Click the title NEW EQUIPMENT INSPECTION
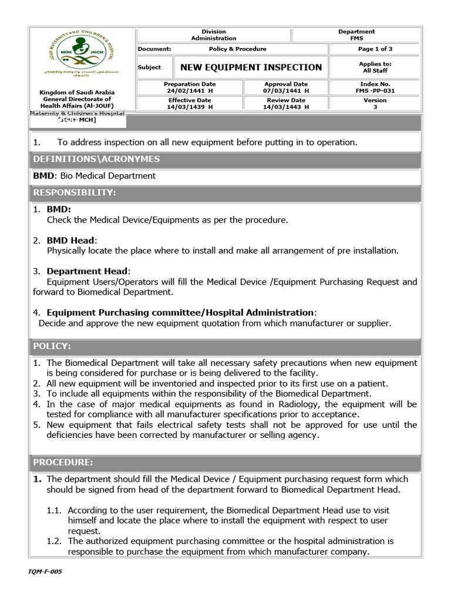click(x=251, y=67)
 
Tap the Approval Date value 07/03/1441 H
click(x=286, y=92)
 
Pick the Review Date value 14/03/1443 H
click(x=286, y=107)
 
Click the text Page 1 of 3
click(x=375, y=49)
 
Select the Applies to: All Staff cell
click(x=375, y=67)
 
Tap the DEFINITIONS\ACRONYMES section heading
click(x=96, y=159)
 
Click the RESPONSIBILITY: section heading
click(x=75, y=193)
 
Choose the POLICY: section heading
click(x=52, y=346)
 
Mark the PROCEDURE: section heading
click(x=63, y=462)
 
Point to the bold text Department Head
click(x=87, y=271)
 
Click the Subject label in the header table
click(x=149, y=67)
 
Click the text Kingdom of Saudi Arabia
click(x=77, y=93)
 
